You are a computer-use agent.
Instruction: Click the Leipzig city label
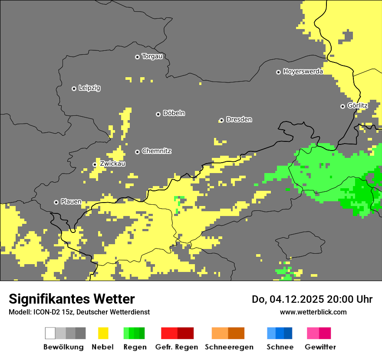89,88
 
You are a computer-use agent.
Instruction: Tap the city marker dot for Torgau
137,57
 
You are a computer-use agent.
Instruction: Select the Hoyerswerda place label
303,72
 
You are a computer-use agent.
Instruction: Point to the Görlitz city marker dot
342,106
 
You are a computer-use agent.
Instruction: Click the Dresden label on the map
239,120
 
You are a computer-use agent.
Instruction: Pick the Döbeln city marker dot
158,114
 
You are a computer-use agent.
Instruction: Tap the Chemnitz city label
157,151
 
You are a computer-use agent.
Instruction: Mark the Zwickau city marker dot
95,164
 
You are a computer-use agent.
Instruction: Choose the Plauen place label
71,202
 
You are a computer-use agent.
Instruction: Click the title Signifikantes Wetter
72,299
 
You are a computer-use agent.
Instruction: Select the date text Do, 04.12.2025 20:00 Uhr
312,299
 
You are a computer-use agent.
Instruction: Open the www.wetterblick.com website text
313,312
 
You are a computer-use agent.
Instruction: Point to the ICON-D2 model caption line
79,312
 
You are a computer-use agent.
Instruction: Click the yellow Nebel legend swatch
103,333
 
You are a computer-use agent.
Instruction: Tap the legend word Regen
134,347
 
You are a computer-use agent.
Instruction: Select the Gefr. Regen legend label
177,347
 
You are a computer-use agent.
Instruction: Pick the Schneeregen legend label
229,347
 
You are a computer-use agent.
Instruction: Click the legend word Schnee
280,347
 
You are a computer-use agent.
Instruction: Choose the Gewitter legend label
320,347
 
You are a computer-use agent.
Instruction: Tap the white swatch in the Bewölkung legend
50,333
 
